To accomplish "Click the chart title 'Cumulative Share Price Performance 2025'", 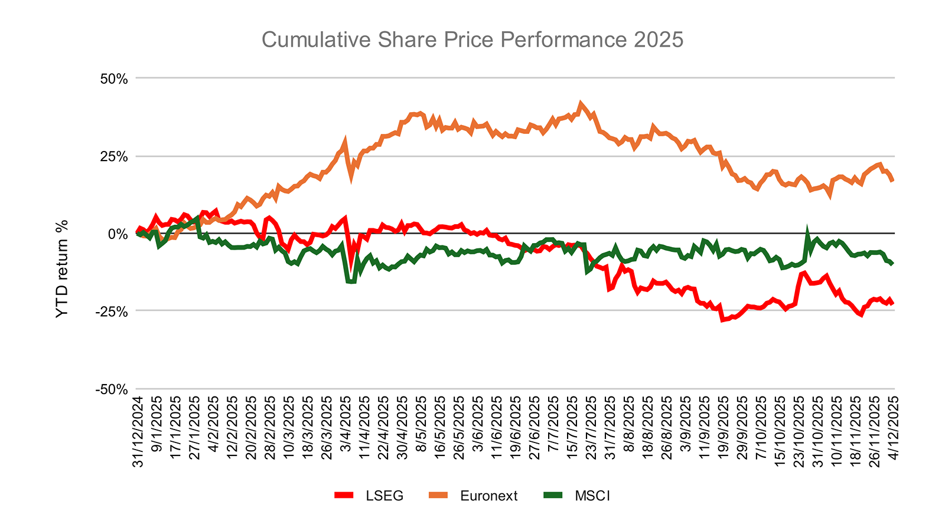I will point(472,40).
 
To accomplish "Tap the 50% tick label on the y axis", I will point(113,78).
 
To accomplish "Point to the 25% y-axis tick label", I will point(113,156).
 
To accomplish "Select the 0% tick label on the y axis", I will point(117,234).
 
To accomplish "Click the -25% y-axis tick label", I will point(111,312).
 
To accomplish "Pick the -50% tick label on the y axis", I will point(111,389).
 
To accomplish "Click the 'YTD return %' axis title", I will point(62,268).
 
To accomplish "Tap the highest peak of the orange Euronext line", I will point(581,103).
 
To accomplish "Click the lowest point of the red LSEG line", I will point(722,320).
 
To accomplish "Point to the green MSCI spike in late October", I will point(807,231).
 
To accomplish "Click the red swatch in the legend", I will point(343,496).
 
